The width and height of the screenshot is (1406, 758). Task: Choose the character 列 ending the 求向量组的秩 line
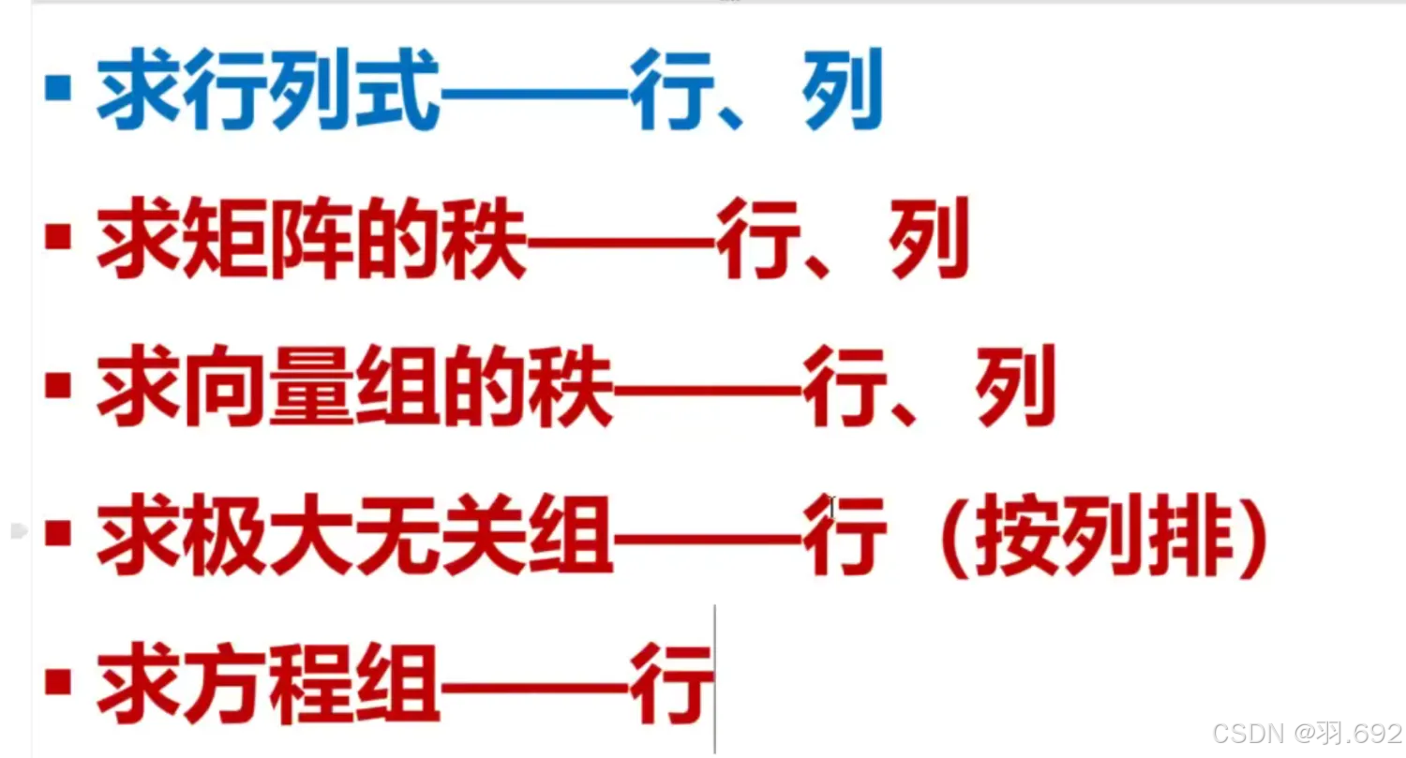(x=1015, y=386)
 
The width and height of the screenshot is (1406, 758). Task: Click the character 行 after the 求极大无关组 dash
(x=844, y=538)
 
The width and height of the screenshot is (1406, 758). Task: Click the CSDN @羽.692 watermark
(x=1306, y=733)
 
